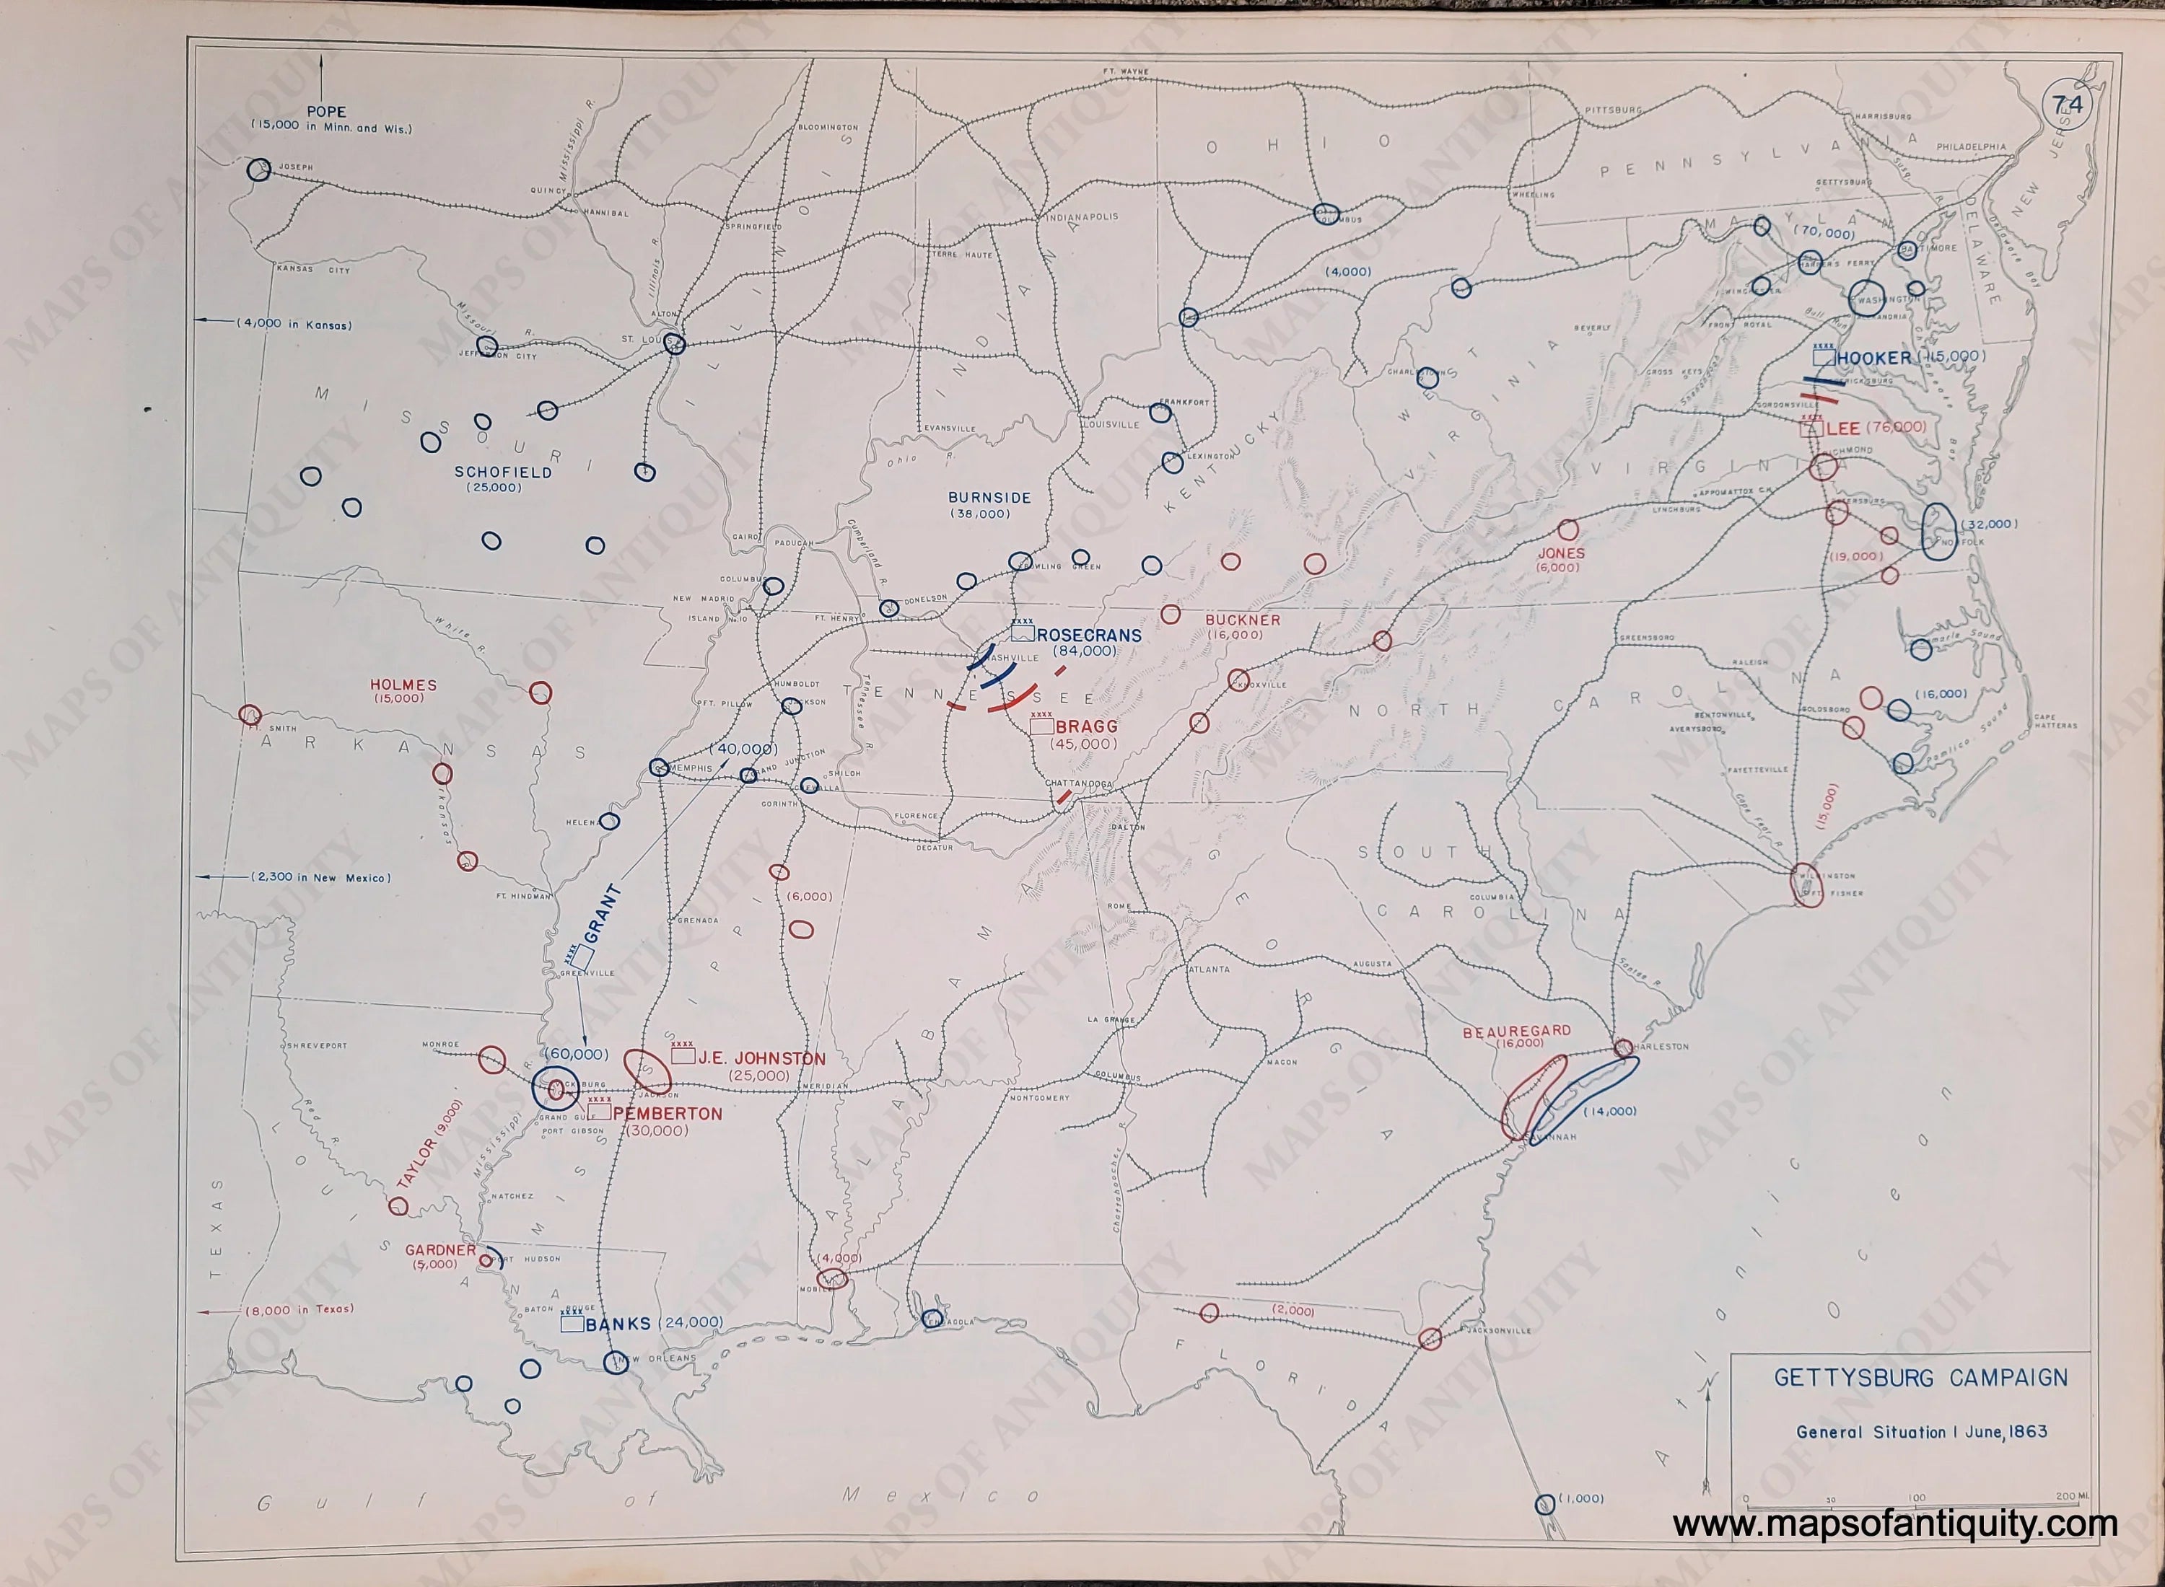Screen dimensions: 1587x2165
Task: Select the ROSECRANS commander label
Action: click(x=1089, y=635)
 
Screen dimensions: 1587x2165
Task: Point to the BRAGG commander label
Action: click(x=1086, y=727)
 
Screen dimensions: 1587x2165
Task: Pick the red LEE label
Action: click(x=1843, y=428)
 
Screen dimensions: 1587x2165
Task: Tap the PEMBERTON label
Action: click(x=667, y=1113)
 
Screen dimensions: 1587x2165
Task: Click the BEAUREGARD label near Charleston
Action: click(x=1516, y=1032)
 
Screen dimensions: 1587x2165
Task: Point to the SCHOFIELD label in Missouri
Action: click(x=502, y=472)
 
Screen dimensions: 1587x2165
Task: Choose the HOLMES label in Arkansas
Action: click(x=403, y=685)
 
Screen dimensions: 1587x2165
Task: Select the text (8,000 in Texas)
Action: click(x=299, y=1309)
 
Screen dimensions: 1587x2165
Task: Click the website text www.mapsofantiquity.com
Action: click(x=1894, y=1524)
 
